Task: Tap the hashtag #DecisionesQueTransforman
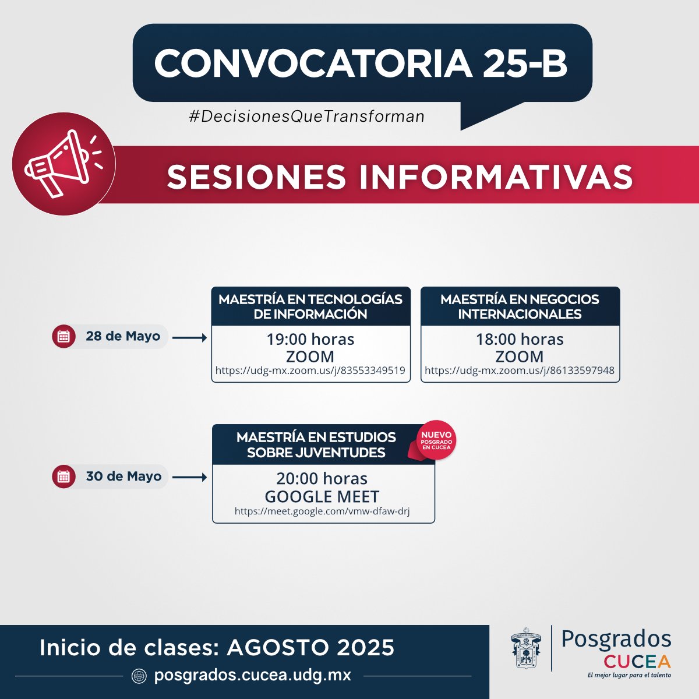point(307,116)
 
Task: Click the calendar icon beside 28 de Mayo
point(63,337)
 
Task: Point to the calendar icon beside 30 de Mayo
point(63,477)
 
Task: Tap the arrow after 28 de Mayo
point(190,338)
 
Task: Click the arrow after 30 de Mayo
point(190,478)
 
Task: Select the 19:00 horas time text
point(310,339)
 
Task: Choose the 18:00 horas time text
point(520,339)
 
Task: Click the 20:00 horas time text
point(322,478)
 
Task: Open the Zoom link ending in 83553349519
point(310,370)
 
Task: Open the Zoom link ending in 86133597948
point(520,370)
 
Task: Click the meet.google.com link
point(322,511)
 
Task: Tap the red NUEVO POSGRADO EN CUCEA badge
point(436,440)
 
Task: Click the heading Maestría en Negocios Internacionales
point(520,306)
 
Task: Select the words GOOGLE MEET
point(322,496)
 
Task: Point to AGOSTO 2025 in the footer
point(310,647)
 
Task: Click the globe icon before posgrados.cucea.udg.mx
point(139,676)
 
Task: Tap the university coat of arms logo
point(525,648)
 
